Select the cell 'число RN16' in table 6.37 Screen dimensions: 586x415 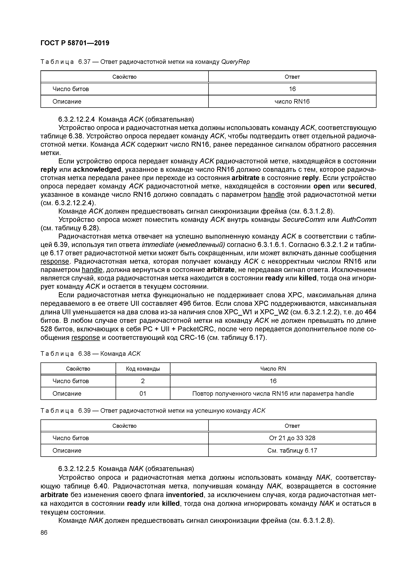pyautogui.click(x=292, y=102)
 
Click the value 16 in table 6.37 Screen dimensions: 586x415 pyautogui.click(x=292, y=89)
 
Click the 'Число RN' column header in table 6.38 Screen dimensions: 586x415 pyautogui.click(x=273, y=369)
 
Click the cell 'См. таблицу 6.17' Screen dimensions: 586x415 pyautogui.click(x=292, y=450)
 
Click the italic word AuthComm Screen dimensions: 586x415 pyautogui.click(x=359, y=220)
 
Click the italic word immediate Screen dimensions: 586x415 pyautogui.click(x=158, y=245)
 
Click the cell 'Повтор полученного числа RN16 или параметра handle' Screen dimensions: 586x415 pyautogui.click(x=273, y=394)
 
